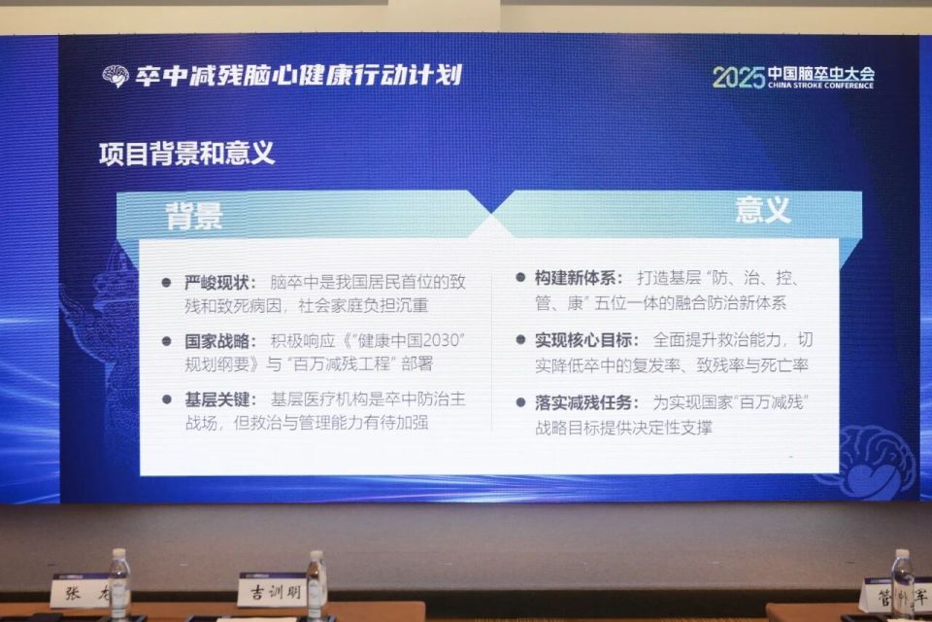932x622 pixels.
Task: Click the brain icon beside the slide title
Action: pos(116,77)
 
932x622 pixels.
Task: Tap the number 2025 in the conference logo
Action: pos(738,78)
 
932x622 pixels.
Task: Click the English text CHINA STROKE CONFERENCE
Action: pos(820,86)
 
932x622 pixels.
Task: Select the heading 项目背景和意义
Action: pos(186,154)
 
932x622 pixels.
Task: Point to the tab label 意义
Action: pos(763,210)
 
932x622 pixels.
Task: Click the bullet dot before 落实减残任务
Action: pos(519,402)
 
